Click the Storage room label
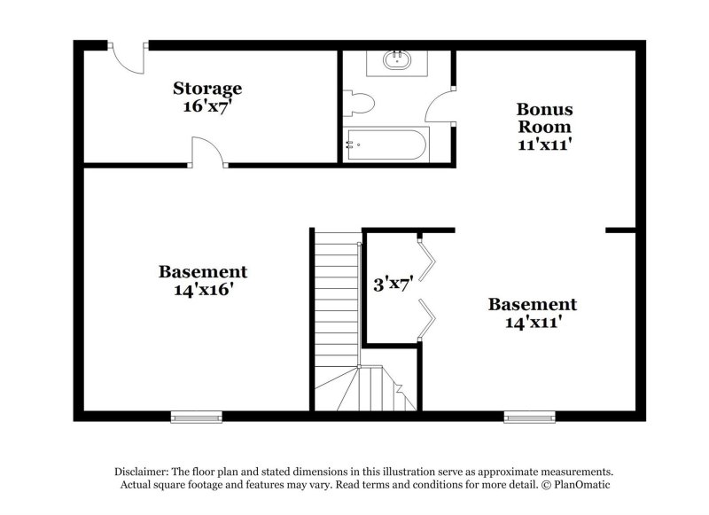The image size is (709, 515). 206,89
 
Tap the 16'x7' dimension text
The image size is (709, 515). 206,105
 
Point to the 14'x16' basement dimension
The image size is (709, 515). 203,289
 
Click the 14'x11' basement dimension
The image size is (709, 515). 533,322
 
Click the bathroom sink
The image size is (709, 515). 396,61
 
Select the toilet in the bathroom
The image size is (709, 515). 359,103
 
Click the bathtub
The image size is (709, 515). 386,144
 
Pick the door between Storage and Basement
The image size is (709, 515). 206,152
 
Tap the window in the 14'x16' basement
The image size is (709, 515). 196,416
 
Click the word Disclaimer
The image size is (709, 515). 142,472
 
